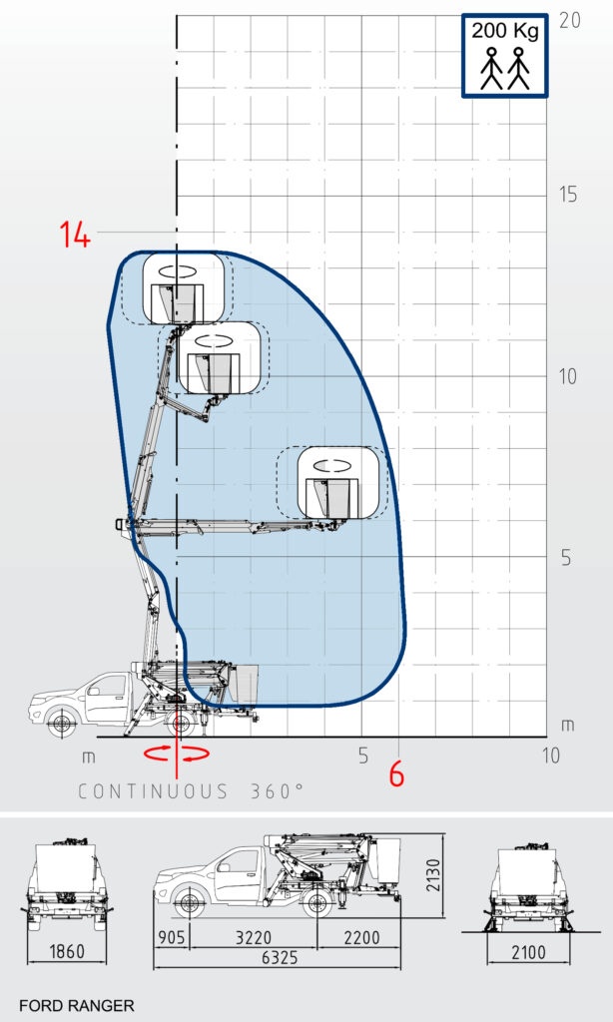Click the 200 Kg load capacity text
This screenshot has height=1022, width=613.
[x=505, y=31]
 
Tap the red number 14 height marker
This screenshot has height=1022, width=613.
[x=76, y=234]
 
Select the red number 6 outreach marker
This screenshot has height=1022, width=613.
[x=396, y=774]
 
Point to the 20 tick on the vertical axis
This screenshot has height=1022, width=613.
[x=569, y=20]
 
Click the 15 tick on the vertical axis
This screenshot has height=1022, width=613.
[x=568, y=195]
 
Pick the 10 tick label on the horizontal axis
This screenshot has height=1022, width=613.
[x=551, y=756]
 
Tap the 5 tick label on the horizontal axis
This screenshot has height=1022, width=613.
[x=363, y=756]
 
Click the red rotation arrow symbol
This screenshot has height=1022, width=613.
[x=177, y=754]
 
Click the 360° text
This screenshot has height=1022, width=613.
[x=278, y=790]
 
